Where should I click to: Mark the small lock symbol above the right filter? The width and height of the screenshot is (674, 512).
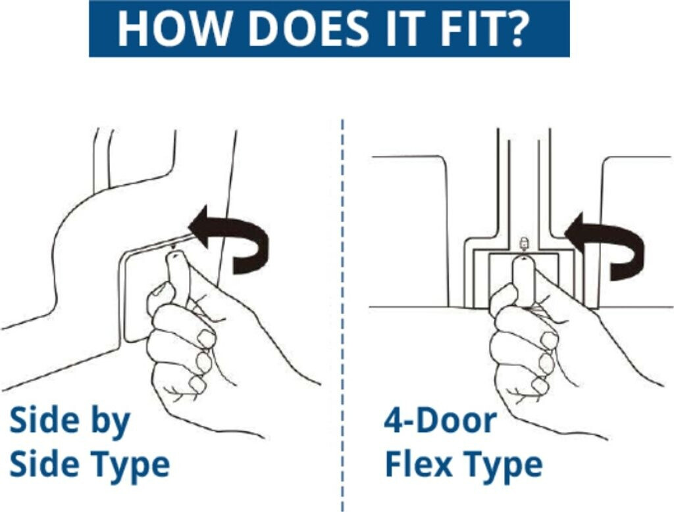pos(523,243)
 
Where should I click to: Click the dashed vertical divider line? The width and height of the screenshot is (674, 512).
pos(342,315)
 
